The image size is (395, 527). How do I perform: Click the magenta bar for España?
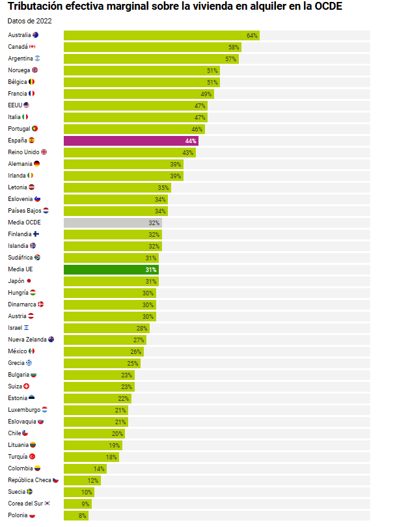click(130, 141)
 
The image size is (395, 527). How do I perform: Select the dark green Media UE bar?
click(111, 269)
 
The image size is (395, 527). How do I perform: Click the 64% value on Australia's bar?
click(252, 35)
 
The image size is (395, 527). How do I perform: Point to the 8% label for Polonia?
click(83, 515)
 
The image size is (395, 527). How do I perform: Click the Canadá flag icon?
click(32, 47)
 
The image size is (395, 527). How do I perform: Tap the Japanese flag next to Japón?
click(29, 281)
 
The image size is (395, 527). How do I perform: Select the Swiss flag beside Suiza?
click(27, 386)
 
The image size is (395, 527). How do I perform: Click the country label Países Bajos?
click(25, 211)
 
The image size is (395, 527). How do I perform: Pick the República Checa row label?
click(29, 480)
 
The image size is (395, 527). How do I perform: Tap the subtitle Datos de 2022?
click(30, 21)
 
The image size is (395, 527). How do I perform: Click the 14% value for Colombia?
click(99, 468)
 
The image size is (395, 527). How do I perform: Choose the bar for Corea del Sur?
click(77, 504)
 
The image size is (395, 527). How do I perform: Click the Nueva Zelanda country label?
click(27, 340)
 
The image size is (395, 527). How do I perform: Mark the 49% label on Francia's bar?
click(206, 94)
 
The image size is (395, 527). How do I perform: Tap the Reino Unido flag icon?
click(44, 152)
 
